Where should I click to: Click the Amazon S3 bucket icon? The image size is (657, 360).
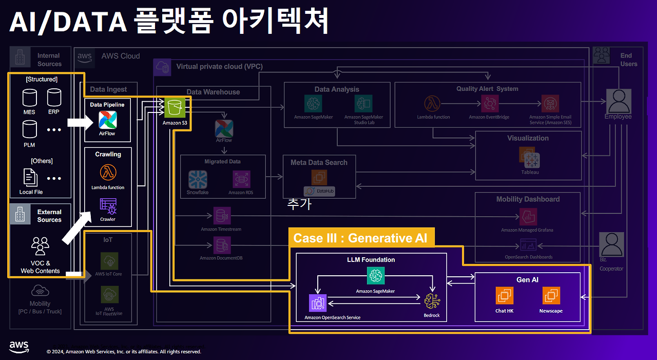[x=175, y=108]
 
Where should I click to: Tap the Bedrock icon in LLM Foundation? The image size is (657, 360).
[x=432, y=301]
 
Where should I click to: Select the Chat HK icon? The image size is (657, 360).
[x=504, y=295]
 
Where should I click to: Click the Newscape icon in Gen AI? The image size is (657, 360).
[x=551, y=295]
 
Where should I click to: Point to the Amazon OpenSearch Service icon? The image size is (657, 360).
[x=318, y=303]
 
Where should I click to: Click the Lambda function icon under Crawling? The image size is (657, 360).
[x=108, y=172]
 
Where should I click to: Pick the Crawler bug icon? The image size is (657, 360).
[x=108, y=206]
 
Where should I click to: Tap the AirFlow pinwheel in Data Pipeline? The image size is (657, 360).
[x=108, y=120]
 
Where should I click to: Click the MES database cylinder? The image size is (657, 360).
[x=29, y=97]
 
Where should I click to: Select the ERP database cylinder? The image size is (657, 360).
[x=54, y=97]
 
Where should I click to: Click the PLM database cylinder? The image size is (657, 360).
[x=29, y=129]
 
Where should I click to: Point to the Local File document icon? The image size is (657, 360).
[x=31, y=177]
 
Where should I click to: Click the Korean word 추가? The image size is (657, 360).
[x=299, y=204]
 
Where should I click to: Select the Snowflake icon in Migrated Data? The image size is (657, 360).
[x=198, y=179]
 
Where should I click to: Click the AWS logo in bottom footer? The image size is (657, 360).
[x=19, y=347]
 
